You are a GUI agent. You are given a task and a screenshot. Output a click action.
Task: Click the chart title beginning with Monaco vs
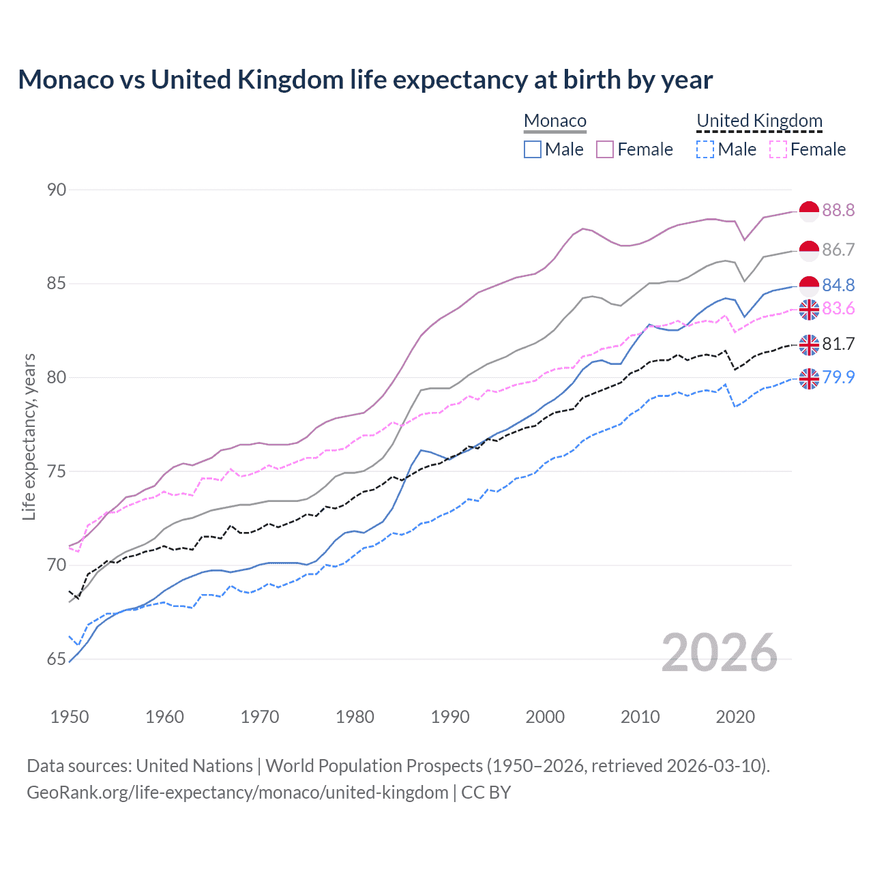coord(365,80)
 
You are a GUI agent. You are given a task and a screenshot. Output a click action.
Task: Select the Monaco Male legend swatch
coord(533,149)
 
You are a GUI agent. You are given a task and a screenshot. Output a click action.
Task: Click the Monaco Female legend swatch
coord(605,149)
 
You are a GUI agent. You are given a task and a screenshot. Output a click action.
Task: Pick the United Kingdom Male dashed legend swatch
coord(705,149)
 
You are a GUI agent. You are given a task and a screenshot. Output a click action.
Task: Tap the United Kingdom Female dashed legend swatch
coord(778,149)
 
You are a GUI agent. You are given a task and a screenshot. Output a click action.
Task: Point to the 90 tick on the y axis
coord(57,190)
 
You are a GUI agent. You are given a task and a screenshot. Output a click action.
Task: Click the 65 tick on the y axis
coord(57,659)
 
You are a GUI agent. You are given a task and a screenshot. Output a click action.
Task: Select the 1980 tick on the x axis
coord(355,717)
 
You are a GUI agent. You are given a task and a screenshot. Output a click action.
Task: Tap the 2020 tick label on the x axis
coord(735,717)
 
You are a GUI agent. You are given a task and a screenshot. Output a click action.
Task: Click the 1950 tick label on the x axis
coord(70,717)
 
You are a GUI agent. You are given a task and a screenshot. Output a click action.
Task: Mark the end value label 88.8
coord(838,211)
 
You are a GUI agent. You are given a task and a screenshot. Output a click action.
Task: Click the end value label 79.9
coord(838,377)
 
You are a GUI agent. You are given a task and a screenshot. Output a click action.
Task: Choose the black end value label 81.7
coord(838,344)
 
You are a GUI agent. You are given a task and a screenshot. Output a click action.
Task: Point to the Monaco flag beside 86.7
coord(809,250)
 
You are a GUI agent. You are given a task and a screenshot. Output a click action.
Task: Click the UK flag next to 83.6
coord(809,309)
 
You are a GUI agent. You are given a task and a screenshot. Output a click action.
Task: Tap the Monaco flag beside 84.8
coord(809,286)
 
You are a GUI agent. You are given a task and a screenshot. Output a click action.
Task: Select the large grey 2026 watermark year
coord(720,653)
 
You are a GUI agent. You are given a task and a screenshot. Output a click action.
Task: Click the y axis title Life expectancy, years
coord(29,436)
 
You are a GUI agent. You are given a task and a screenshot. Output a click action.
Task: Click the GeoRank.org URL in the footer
coord(237,793)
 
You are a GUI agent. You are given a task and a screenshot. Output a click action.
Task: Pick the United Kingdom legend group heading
coord(759,121)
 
